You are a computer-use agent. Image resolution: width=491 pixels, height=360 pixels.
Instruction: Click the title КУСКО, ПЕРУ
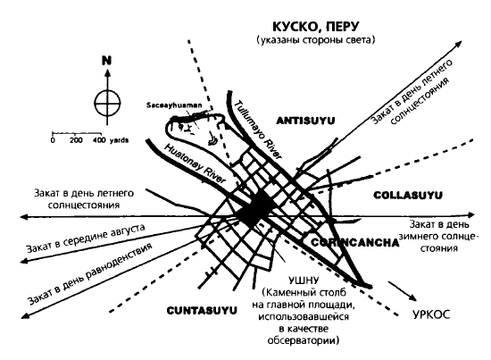click(316, 27)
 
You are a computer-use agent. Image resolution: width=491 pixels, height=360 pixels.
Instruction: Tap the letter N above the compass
click(107, 61)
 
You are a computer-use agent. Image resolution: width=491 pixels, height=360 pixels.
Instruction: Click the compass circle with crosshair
click(107, 103)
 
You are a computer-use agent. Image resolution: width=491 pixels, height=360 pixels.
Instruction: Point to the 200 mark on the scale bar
click(76, 140)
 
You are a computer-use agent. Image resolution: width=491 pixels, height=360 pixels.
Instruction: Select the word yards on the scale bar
click(119, 140)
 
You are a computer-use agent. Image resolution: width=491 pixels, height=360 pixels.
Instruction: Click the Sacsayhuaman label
click(174, 105)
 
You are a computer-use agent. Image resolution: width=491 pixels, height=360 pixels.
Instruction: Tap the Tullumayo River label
click(258, 130)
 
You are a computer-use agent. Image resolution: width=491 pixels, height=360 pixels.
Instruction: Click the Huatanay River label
click(195, 163)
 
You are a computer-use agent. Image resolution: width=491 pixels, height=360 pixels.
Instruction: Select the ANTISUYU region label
click(305, 121)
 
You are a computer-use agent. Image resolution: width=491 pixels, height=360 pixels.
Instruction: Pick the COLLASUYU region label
click(408, 196)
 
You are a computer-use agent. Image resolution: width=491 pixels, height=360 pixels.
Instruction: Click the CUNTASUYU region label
click(202, 311)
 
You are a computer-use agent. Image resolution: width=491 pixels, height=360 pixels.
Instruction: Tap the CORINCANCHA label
click(355, 243)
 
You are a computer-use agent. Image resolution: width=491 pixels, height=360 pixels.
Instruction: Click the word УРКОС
click(431, 314)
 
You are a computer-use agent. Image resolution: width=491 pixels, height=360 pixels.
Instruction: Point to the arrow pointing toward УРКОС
click(403, 291)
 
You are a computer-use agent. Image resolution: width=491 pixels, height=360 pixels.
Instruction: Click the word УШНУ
click(304, 280)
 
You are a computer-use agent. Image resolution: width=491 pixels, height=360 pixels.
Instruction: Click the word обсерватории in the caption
click(304, 340)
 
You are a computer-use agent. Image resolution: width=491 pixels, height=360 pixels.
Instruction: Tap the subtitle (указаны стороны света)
click(316, 40)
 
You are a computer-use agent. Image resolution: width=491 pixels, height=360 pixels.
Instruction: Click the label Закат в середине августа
click(86, 238)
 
